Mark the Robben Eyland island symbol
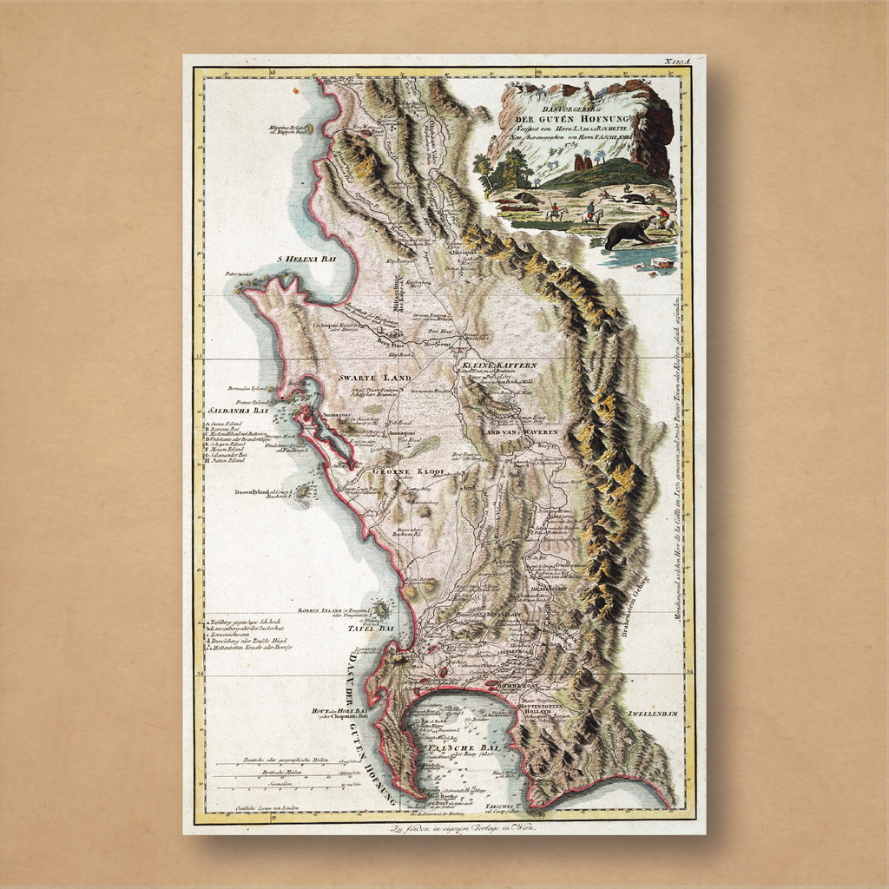(379, 610)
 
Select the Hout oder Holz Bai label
(340, 713)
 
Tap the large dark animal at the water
(629, 233)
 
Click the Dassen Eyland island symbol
(302, 494)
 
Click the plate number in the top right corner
(676, 61)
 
